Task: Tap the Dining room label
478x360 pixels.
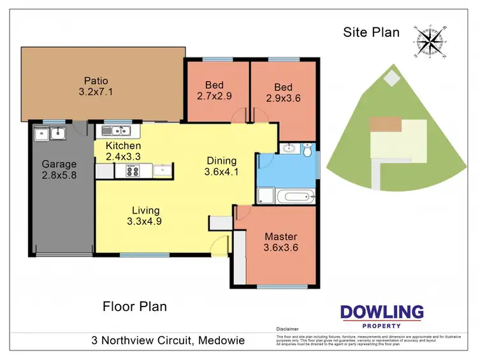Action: [221, 161]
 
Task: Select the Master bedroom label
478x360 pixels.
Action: [281, 237]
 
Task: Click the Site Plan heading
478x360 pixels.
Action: [371, 32]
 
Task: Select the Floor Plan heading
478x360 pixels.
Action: [134, 306]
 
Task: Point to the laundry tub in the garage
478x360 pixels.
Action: [49, 133]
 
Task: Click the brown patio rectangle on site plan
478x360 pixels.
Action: [386, 124]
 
